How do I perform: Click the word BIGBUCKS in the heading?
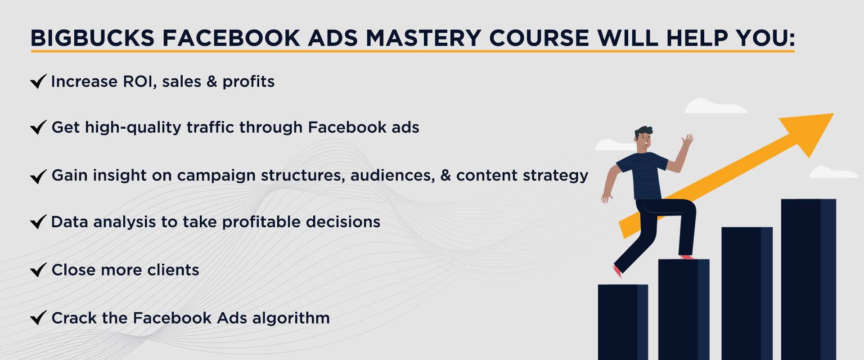(93, 38)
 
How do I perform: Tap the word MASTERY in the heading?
(423, 38)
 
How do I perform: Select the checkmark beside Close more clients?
(38, 270)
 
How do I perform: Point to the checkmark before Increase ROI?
(38, 81)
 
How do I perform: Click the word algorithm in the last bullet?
(291, 319)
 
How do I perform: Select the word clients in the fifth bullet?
(173, 270)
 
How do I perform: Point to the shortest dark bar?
(623, 322)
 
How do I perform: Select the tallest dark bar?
(808, 279)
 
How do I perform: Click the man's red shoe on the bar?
(686, 257)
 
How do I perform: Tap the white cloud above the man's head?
(715, 106)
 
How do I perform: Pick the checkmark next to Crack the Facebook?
(38, 318)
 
